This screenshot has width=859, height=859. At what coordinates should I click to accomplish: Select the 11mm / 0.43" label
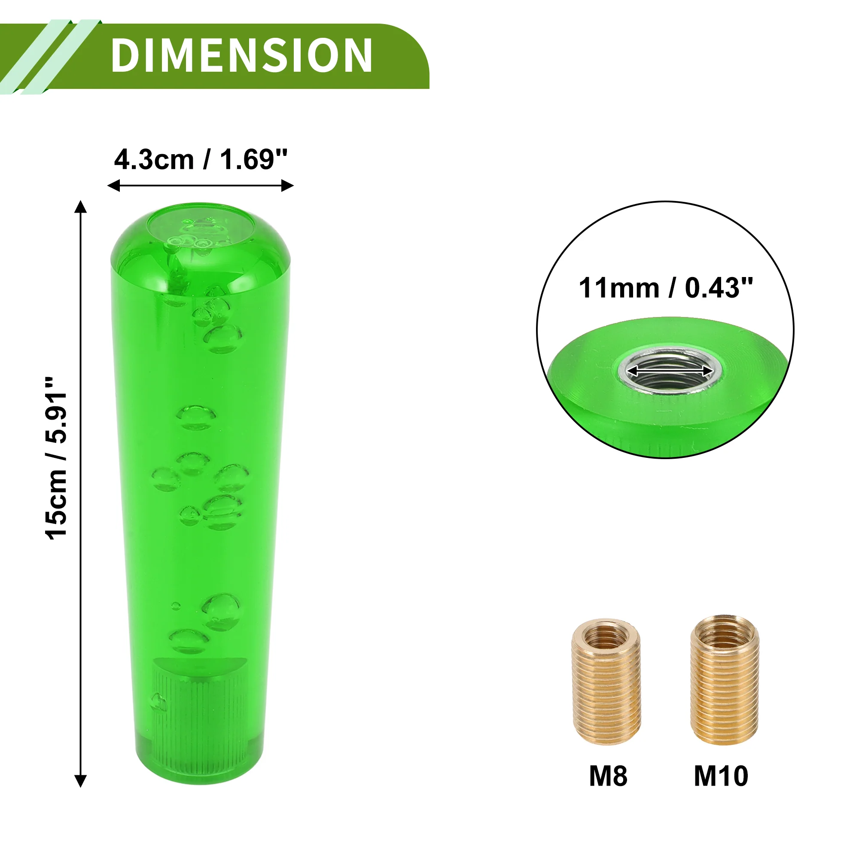665,288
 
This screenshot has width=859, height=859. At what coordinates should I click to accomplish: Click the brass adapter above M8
606,682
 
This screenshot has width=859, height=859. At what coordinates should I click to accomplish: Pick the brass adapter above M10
725,680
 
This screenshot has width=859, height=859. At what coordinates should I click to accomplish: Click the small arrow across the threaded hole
670,370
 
